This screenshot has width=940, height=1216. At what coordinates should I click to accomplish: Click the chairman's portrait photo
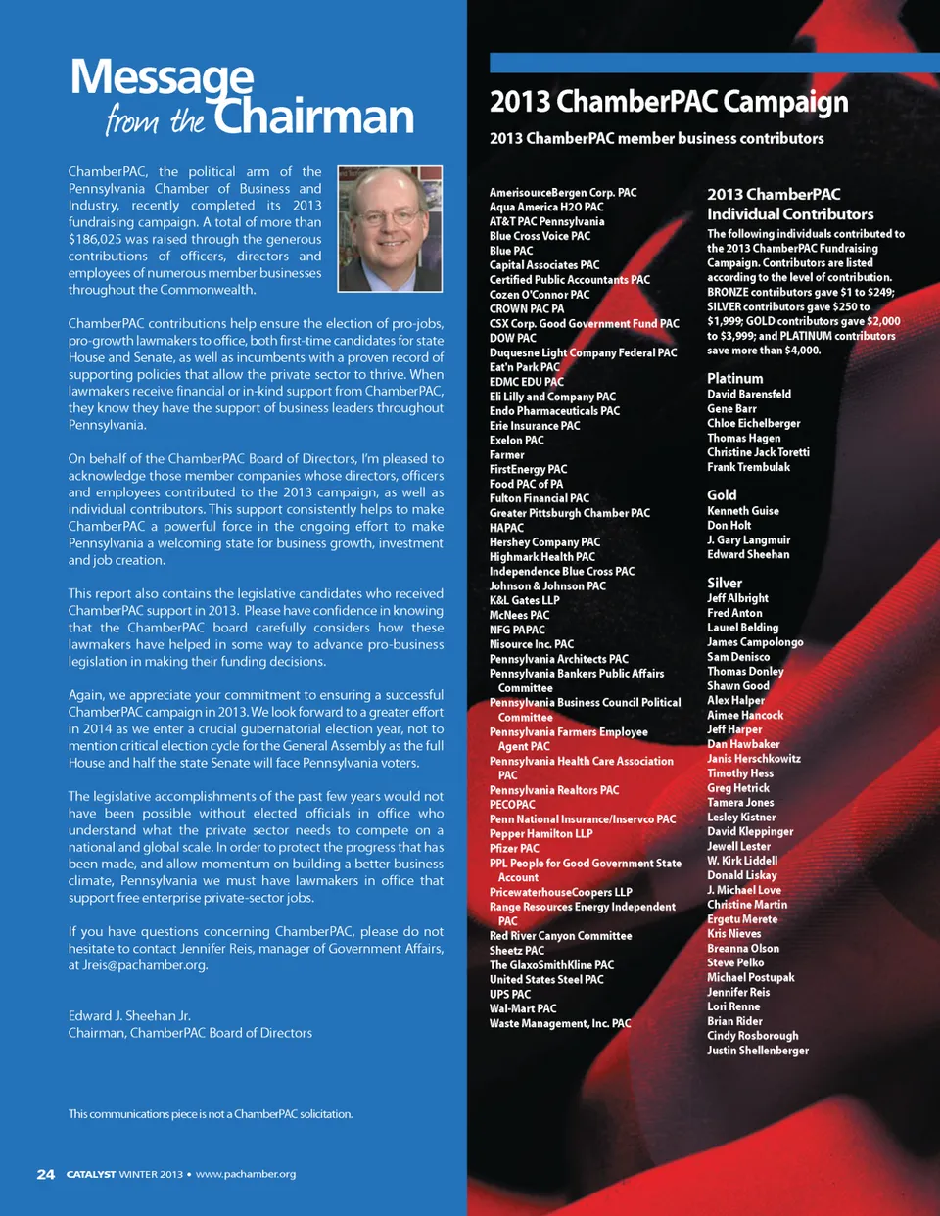[x=390, y=229]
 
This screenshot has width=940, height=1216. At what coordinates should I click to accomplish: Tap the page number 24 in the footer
[x=46, y=1174]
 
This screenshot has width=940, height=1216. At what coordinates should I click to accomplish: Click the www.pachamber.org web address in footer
[x=246, y=1174]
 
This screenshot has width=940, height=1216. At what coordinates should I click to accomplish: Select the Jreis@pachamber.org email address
[x=145, y=965]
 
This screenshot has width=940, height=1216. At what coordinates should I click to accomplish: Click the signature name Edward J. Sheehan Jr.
[x=129, y=1016]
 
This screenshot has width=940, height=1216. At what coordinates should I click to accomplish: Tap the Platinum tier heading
[x=734, y=378]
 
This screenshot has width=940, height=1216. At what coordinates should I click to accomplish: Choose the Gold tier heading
[x=722, y=495]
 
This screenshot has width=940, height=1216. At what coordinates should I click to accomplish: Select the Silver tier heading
[x=725, y=583]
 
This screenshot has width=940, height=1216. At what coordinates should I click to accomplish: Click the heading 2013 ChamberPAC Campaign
[x=669, y=102]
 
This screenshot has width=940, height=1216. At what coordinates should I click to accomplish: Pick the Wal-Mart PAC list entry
[x=523, y=1008]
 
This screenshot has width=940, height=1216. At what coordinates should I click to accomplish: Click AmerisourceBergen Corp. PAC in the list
[x=563, y=193]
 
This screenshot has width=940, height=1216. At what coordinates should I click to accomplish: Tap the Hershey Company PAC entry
[x=544, y=542]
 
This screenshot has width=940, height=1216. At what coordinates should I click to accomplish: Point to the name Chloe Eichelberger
[x=753, y=423]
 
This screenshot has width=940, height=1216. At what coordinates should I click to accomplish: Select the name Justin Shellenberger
[x=758, y=1051]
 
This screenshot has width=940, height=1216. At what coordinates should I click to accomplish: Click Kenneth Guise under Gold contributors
[x=743, y=511]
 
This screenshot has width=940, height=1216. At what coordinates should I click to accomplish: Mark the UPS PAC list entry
[x=510, y=994]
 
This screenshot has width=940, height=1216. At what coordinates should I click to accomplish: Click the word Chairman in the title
[x=314, y=117]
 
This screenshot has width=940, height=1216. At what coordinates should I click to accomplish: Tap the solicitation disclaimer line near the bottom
[x=211, y=1114]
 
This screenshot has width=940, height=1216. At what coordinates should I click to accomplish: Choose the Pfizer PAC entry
[x=514, y=848]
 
